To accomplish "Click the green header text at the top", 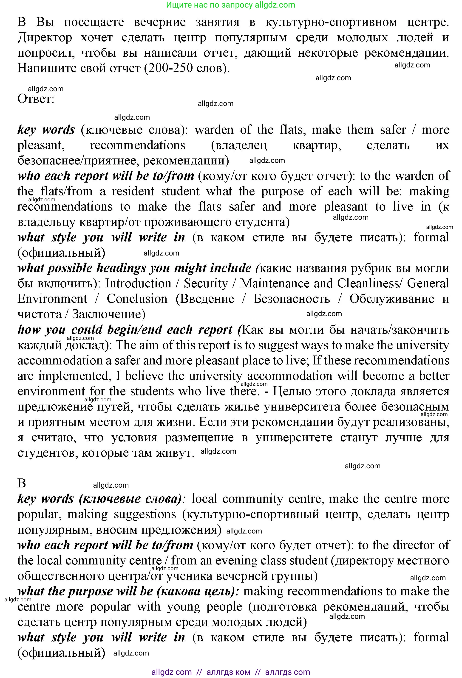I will click(x=231, y=5).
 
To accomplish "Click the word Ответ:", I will click(x=36, y=99).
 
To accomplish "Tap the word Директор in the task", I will click(x=45, y=38).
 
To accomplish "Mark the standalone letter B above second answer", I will click(x=22, y=483).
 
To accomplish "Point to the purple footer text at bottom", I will click(x=231, y=672).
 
